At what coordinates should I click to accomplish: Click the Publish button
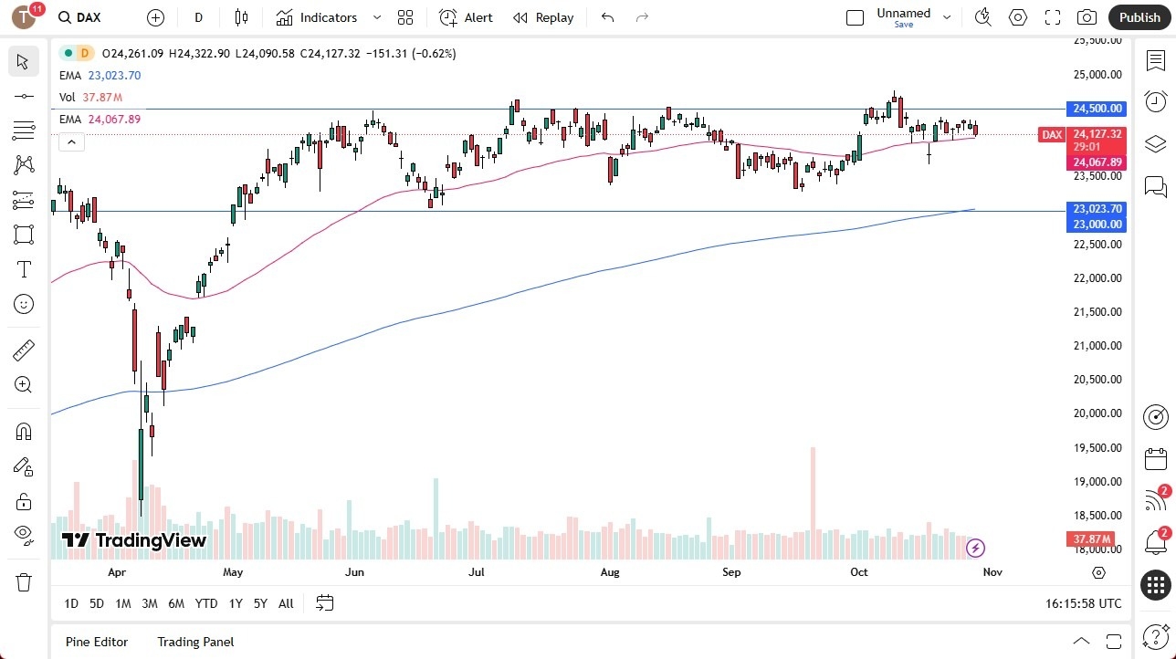click(x=1139, y=17)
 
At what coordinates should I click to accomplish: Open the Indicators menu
click(x=317, y=17)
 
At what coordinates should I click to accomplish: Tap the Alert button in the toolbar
click(x=466, y=17)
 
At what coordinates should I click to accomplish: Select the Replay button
click(x=543, y=17)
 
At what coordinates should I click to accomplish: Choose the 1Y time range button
click(x=236, y=603)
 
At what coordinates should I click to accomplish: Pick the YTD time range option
click(x=206, y=603)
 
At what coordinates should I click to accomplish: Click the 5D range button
click(x=97, y=603)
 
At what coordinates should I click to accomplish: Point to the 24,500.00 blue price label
click(x=1097, y=109)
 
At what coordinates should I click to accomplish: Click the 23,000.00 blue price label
click(x=1097, y=225)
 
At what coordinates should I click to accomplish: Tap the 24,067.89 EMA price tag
click(x=1097, y=162)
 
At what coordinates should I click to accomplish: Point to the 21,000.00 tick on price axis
click(x=1097, y=346)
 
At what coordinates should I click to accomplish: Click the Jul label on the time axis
click(x=476, y=572)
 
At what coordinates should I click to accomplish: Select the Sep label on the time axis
click(x=731, y=572)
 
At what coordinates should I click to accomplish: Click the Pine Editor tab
click(x=97, y=642)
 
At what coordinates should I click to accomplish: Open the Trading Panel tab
click(x=195, y=642)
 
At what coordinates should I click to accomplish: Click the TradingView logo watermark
click(x=134, y=540)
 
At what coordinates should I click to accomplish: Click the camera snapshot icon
click(x=1087, y=17)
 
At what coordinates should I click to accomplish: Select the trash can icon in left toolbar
click(x=24, y=582)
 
